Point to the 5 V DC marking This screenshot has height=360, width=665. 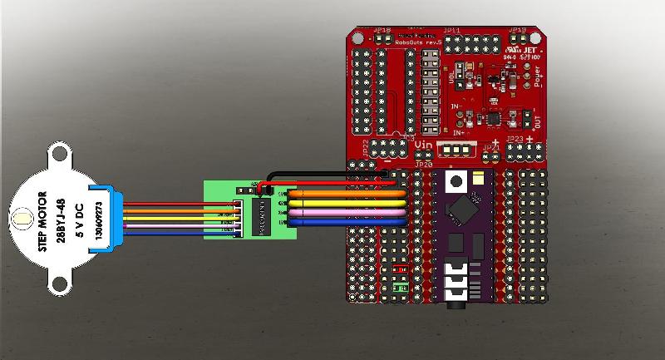pyautogui.click(x=78, y=220)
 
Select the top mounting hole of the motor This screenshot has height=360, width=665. pyautogui.click(x=61, y=153)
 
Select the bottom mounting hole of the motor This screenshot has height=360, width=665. pyautogui.click(x=61, y=288)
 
